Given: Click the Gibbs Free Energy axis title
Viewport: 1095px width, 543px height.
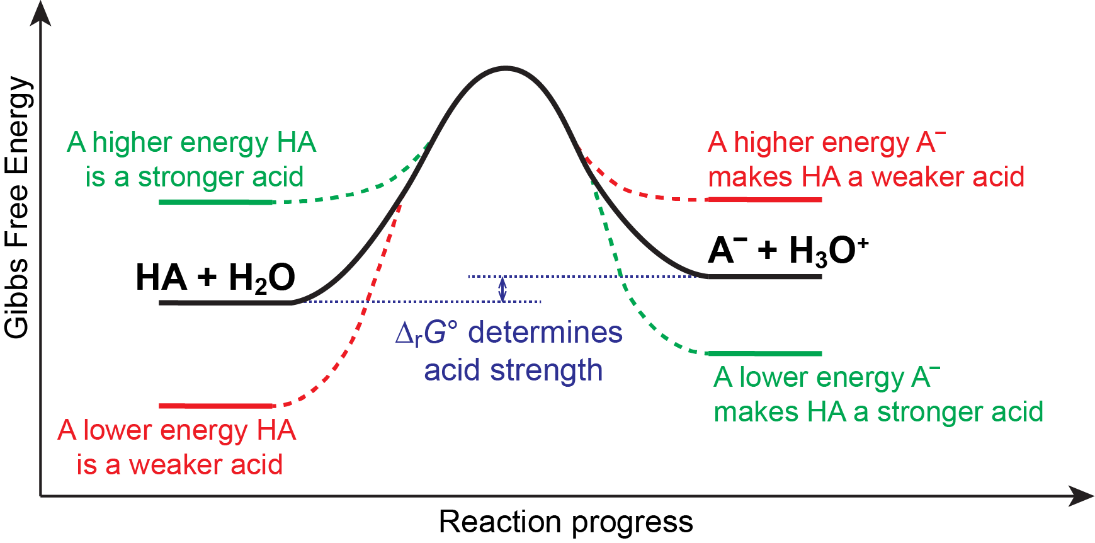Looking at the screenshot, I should pyautogui.click(x=17, y=208).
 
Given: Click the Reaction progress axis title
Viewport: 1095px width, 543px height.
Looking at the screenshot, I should pyautogui.click(x=565, y=522).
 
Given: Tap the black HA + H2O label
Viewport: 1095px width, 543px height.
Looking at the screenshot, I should pyautogui.click(x=215, y=278).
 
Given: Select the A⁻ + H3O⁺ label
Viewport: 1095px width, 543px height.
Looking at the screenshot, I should pyautogui.click(x=787, y=250).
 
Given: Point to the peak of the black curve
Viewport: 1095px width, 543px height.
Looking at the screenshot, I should pyautogui.click(x=506, y=67).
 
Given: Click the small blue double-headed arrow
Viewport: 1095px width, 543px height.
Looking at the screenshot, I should pyautogui.click(x=502, y=289).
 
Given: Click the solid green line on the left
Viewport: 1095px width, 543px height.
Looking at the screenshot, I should pyautogui.click(x=215, y=202).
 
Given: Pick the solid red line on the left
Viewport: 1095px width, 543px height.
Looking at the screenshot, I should pyautogui.click(x=215, y=406).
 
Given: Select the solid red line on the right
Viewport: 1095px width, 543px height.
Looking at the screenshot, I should pyautogui.click(x=764, y=200).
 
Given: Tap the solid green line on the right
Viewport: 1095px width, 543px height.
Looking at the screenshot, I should pyautogui.click(x=764, y=353).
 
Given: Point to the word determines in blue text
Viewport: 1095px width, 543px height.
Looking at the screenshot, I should pyautogui.click(x=545, y=333).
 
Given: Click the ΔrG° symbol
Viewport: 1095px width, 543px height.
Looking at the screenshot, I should pyautogui.click(x=426, y=333).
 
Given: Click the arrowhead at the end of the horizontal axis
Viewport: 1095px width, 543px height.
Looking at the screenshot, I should pyautogui.click(x=1082, y=496).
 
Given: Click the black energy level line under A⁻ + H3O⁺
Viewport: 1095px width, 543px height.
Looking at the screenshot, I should pyautogui.click(x=764, y=277).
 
